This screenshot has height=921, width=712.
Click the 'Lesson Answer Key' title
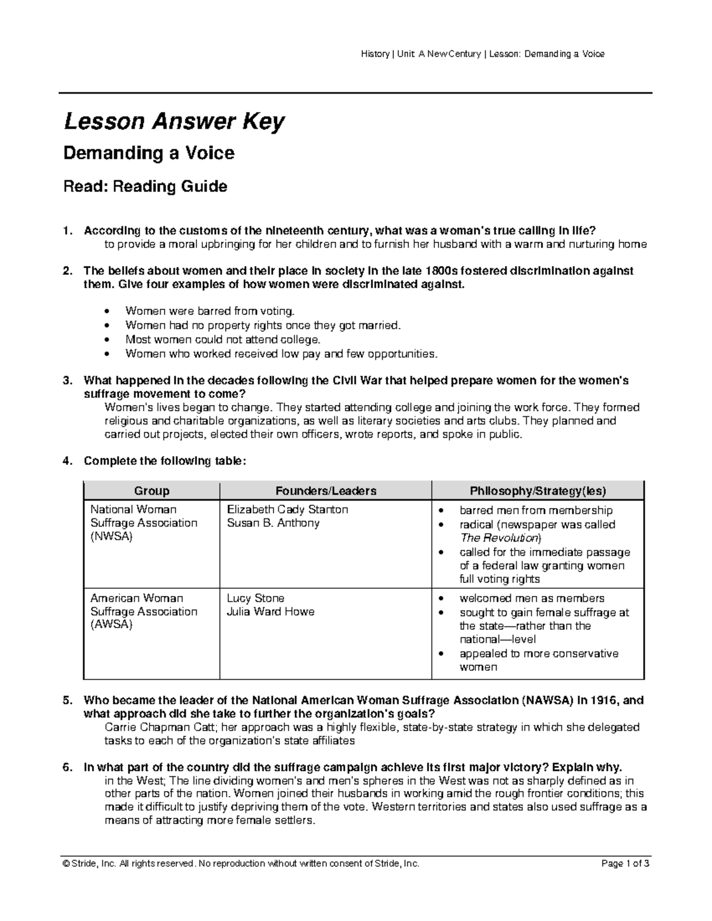(174, 122)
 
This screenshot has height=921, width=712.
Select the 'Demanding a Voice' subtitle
(148, 154)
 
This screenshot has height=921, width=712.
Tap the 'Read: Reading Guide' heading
(145, 187)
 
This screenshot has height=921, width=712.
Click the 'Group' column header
(151, 491)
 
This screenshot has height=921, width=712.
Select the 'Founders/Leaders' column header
(325, 491)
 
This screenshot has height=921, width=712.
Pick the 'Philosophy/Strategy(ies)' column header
(538, 491)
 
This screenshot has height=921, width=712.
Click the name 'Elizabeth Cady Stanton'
(287, 509)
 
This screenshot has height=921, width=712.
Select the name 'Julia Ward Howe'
(271, 611)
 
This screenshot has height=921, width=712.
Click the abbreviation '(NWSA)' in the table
(112, 537)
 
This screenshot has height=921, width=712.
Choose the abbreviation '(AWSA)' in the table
(112, 625)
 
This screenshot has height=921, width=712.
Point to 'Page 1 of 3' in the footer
(625, 863)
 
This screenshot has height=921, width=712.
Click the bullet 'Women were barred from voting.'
(209, 311)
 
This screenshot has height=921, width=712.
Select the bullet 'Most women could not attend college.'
(223, 339)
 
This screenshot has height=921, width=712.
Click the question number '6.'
(68, 767)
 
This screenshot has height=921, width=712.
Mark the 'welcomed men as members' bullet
(532, 598)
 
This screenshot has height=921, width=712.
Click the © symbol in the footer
(66, 863)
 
